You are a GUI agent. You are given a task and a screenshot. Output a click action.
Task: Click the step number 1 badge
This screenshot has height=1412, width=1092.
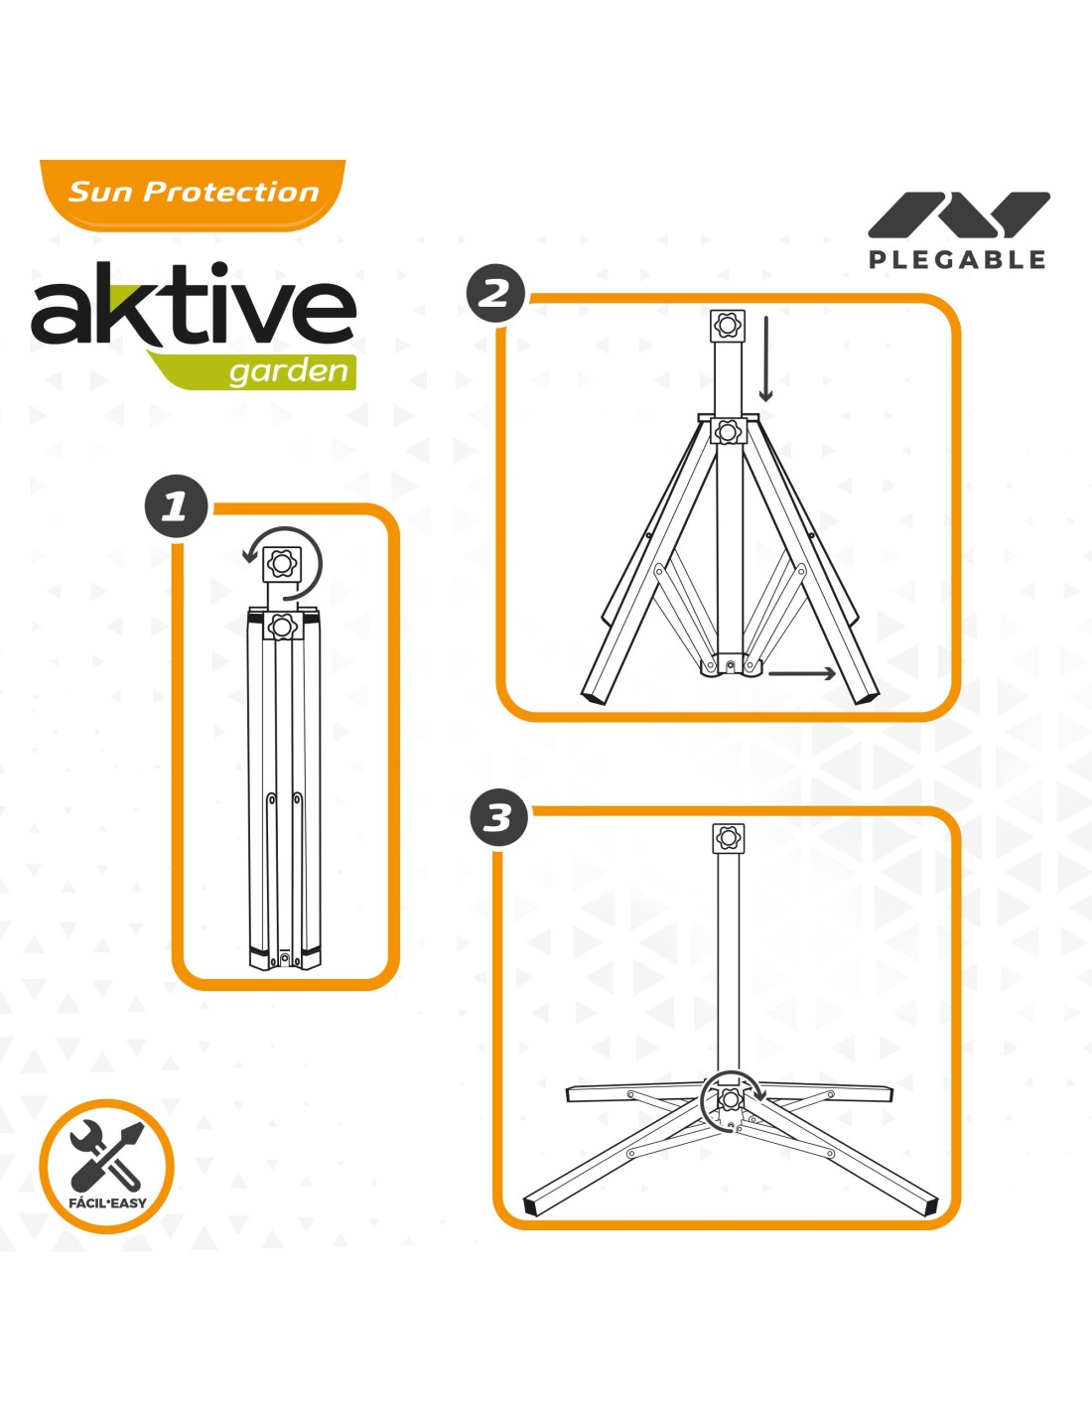tap(177, 506)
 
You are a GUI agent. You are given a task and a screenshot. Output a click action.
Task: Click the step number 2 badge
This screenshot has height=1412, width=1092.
tap(495, 294)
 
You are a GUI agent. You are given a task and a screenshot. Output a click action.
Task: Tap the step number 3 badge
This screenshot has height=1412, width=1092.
tap(498, 817)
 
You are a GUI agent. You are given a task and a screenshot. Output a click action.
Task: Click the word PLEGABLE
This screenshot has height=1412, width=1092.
tap(957, 259)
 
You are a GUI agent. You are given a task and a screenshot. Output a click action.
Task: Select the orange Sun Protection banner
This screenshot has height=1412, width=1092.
tap(193, 195)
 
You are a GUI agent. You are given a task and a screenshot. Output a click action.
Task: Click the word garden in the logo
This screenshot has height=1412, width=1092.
tap(289, 371)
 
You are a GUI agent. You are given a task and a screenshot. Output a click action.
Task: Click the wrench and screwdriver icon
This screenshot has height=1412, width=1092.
tap(106, 1152)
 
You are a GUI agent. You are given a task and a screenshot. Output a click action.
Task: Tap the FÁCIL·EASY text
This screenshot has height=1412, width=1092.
tap(107, 1202)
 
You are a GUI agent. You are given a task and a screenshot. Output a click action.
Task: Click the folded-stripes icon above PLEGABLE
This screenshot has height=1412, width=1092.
tap(958, 214)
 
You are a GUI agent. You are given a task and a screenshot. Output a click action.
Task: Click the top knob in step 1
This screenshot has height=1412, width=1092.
tap(283, 563)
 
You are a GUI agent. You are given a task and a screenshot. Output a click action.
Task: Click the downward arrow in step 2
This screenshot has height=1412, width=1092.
tap(766, 358)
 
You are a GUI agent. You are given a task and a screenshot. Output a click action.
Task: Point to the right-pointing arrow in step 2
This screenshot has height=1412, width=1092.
tap(801, 673)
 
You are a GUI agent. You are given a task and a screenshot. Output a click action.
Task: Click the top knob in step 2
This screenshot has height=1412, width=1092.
tap(729, 325)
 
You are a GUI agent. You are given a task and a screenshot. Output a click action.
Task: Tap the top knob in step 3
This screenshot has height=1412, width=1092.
tap(729, 838)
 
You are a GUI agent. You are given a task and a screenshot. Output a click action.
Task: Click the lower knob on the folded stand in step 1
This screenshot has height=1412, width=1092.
tap(282, 627)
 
